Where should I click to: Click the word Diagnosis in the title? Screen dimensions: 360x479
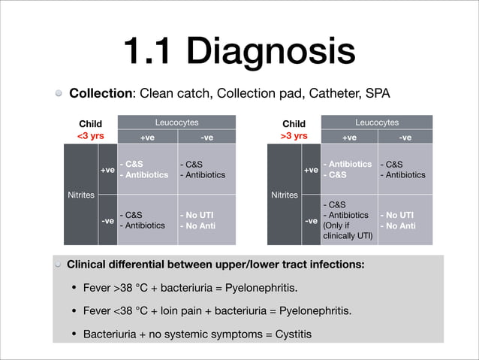click(271, 51)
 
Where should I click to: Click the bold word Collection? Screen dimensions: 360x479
click(101, 94)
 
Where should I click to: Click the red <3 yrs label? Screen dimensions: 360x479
click(91, 136)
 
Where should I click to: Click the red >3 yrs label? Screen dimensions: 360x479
click(294, 136)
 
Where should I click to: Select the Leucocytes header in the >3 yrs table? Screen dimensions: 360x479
click(377, 122)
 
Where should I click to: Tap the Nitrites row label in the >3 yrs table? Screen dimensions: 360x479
click(285, 195)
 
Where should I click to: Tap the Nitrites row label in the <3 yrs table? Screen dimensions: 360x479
click(80, 195)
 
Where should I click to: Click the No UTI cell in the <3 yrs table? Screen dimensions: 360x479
click(206, 219)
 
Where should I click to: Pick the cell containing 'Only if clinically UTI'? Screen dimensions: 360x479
click(348, 219)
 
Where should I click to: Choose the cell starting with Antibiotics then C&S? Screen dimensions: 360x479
click(348, 169)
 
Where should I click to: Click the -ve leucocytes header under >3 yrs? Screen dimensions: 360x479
click(405, 138)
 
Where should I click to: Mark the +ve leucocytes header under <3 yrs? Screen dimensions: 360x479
click(148, 138)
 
